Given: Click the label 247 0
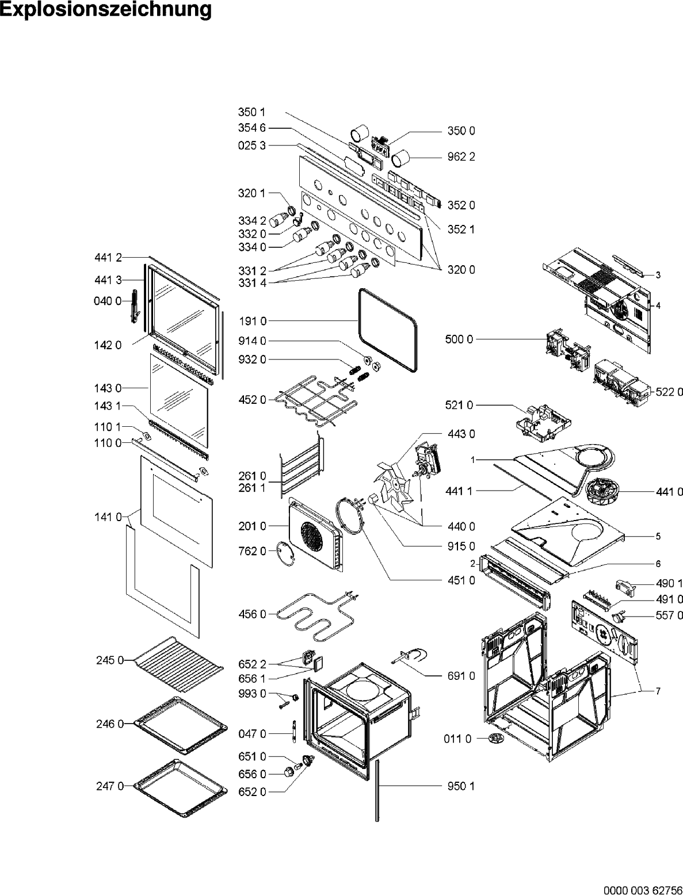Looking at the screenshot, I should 110,786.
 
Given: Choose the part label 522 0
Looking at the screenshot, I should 670,392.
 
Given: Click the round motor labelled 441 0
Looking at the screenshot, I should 601,494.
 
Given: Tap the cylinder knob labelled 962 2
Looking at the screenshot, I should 402,155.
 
